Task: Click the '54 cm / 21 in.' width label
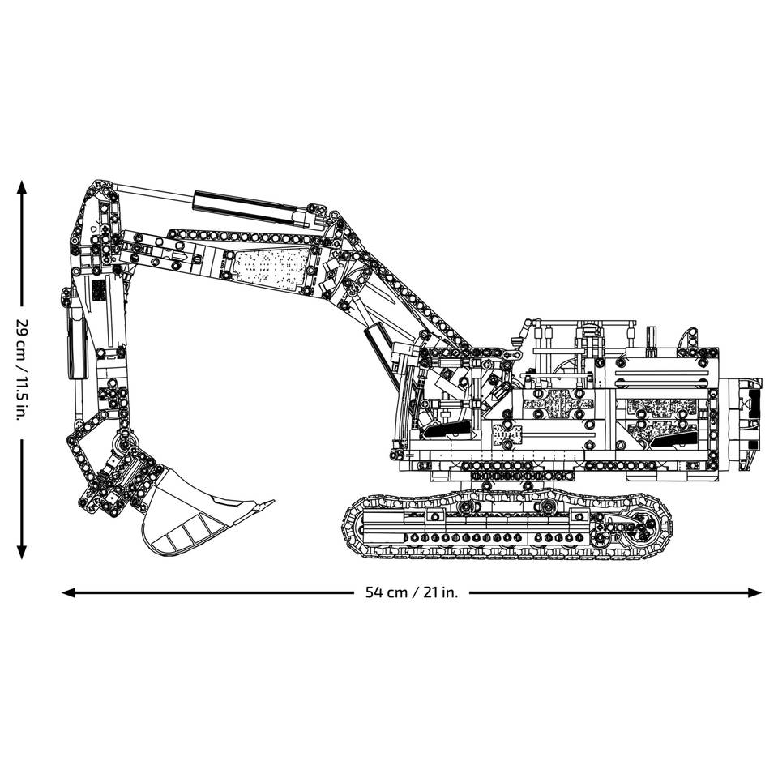(x=412, y=592)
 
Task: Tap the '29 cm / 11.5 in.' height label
(x=23, y=370)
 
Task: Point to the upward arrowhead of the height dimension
(x=23, y=187)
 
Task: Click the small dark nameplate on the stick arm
(x=97, y=291)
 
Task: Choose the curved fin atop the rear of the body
(x=689, y=338)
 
